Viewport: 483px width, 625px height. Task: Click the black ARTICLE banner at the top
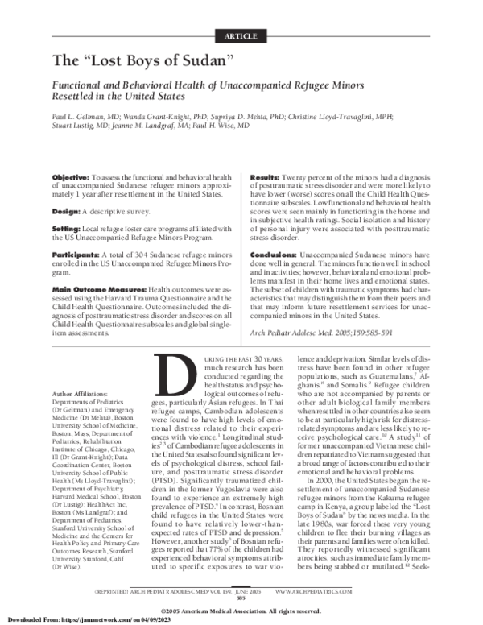[x=241, y=37]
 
